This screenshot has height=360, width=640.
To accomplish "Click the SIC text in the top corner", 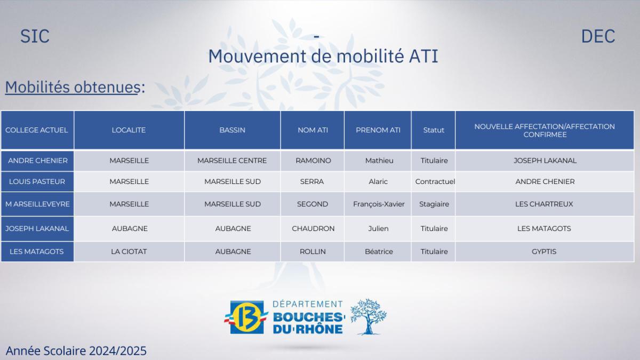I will [35, 36].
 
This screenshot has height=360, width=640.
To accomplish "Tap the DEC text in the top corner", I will [598, 36].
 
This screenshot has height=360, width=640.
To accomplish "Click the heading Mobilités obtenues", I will [73, 87].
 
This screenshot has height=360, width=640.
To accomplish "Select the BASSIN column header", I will [232, 130].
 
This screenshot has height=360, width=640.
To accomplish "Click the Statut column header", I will [433, 130].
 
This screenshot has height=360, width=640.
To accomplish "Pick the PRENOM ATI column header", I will [378, 130].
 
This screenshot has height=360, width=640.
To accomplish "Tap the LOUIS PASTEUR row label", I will [37, 181].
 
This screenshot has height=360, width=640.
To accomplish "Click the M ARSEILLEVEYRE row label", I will [37, 204].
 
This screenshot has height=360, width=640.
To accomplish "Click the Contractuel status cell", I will [435, 181].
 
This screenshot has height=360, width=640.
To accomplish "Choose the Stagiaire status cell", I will [434, 204].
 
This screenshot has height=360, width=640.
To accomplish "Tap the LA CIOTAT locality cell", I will [130, 251].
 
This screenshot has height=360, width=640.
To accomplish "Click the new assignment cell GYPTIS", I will [544, 251].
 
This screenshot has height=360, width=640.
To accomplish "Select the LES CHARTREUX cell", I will [545, 204].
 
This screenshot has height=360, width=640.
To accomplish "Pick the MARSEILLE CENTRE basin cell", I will [232, 161].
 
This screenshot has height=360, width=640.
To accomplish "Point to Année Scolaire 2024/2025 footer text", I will [76, 350].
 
